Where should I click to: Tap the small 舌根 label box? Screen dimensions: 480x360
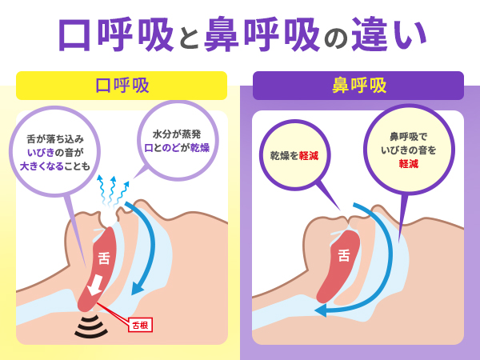coord(139,324)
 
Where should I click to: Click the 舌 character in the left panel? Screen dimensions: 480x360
coord(104,258)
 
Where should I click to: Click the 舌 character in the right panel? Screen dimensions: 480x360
coord(344,256)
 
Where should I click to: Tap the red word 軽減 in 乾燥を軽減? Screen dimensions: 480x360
coord(306,155)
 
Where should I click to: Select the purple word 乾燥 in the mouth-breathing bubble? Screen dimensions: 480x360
coord(198,148)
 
